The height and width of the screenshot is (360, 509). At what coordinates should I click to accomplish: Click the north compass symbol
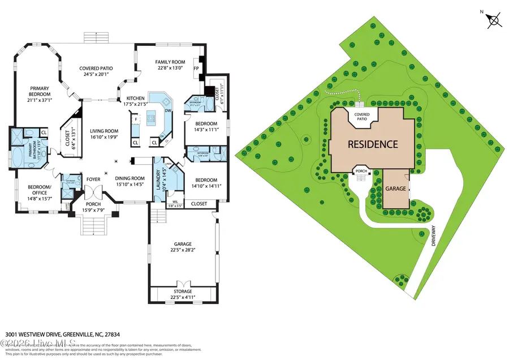coord(494,20)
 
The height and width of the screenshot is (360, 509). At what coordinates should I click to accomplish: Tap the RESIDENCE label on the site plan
coord(372,144)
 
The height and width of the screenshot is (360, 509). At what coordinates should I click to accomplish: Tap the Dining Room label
coord(130,178)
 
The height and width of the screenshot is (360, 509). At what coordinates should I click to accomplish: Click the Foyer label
coord(93,179)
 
